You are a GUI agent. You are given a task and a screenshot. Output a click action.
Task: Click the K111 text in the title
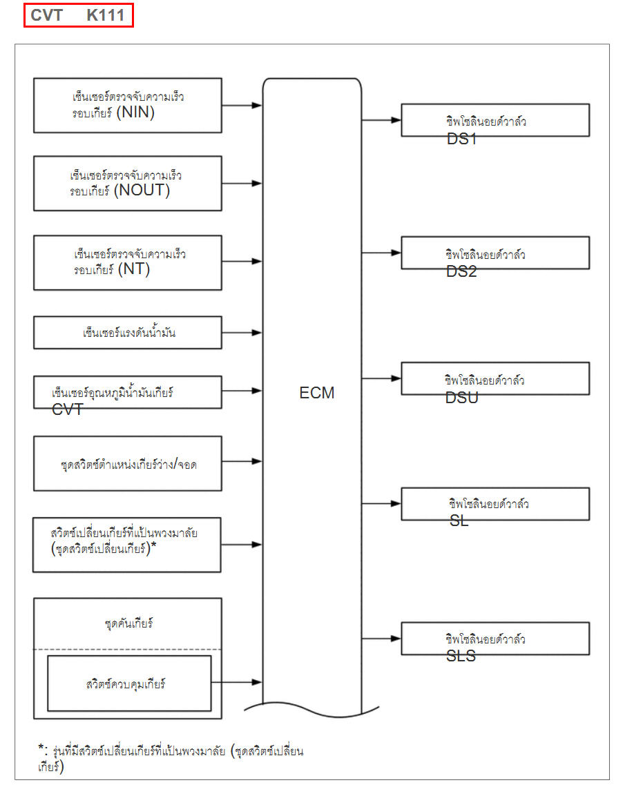point(105,15)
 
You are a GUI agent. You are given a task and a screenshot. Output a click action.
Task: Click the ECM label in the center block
point(317,393)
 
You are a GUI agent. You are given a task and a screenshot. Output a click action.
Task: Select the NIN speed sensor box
point(128,105)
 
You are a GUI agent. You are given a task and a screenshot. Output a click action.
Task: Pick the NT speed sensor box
point(128,262)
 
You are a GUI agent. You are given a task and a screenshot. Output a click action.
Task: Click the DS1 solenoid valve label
point(461,139)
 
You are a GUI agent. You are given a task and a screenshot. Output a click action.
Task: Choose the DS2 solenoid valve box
point(495,253)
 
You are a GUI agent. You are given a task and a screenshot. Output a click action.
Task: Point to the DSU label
point(462,398)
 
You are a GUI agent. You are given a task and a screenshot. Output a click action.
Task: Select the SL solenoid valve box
point(495,503)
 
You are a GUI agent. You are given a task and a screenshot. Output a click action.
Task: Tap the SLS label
point(461,656)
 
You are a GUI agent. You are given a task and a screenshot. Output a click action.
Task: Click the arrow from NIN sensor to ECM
point(242,106)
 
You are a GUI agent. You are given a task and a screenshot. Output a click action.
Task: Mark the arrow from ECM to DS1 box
point(381,119)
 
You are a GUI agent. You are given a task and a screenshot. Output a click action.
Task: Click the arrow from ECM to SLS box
point(381,638)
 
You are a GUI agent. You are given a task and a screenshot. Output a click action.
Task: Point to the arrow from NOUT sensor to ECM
point(242,184)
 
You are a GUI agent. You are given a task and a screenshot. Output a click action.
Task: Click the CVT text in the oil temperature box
point(67,409)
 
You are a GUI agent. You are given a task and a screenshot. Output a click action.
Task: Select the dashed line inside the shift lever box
point(128,649)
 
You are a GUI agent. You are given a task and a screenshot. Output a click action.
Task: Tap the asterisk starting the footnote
point(41,749)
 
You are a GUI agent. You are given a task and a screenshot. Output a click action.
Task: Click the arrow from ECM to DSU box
point(381,378)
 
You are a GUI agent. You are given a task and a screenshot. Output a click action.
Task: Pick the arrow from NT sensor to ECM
point(242,262)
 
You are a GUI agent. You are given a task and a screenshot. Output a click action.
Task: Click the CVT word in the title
point(46,15)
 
